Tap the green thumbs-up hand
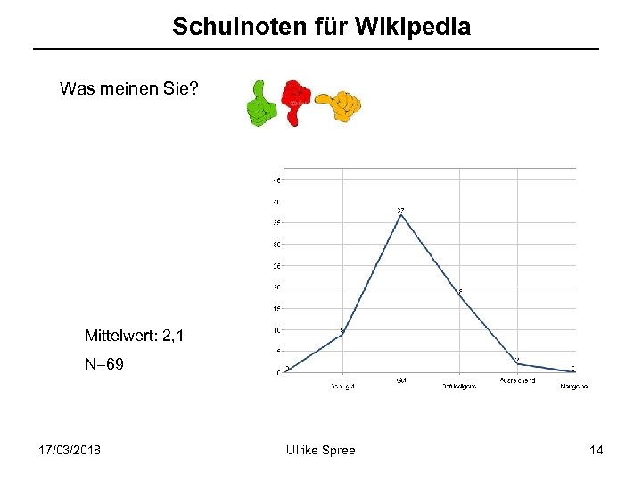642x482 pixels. pos(259,104)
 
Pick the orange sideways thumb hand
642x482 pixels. pos(339,105)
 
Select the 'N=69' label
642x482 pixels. pos(103,365)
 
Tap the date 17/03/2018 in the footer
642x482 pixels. pos(70,450)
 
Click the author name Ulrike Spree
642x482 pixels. pos(319,450)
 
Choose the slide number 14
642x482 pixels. pos(596,450)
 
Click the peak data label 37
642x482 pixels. pos(401,211)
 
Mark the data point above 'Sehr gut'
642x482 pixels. pos(342,334)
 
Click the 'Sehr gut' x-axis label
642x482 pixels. pos(342,386)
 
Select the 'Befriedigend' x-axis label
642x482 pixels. pos(459,386)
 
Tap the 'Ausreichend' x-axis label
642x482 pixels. pos(517,381)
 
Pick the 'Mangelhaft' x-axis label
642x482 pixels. pos(574,386)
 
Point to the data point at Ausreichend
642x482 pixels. pos(517,364)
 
